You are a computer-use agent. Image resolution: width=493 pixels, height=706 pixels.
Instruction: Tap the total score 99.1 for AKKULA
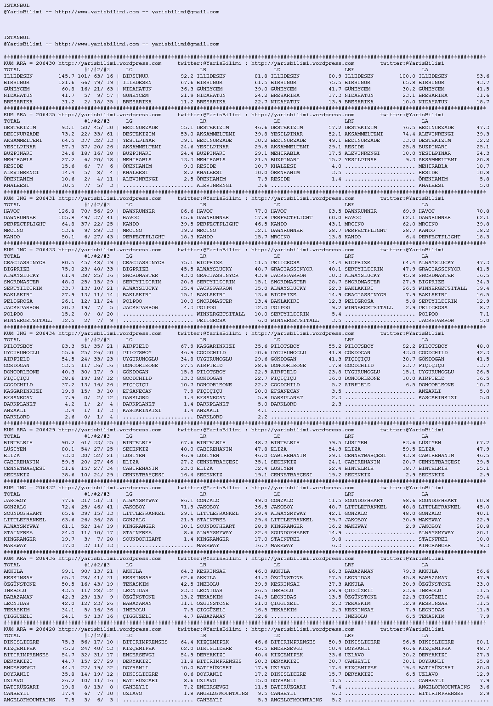click(x=68, y=571)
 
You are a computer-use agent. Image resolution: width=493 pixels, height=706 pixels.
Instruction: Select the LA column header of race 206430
click(x=425, y=70)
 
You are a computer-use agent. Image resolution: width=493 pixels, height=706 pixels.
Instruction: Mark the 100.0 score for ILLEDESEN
click(x=407, y=76)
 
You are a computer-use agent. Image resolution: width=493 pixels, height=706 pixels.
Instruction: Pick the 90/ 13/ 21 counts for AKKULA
click(x=95, y=571)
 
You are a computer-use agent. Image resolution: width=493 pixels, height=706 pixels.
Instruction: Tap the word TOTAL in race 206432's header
click(x=12, y=494)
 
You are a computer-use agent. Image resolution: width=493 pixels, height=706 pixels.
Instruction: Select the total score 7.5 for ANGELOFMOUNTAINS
click(x=69, y=700)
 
